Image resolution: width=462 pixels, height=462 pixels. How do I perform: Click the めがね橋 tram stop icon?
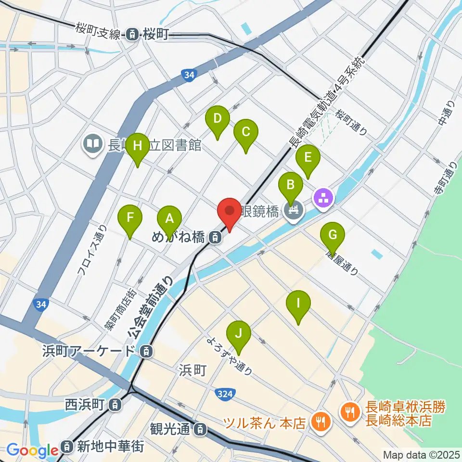coord(215,237)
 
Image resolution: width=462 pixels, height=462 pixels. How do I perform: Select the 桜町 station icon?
coord(131,34)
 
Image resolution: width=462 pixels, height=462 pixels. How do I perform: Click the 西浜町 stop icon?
coord(114,405)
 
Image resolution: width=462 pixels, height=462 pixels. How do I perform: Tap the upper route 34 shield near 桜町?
coord(189,75)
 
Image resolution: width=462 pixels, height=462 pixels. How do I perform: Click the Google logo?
coord(33,450)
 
